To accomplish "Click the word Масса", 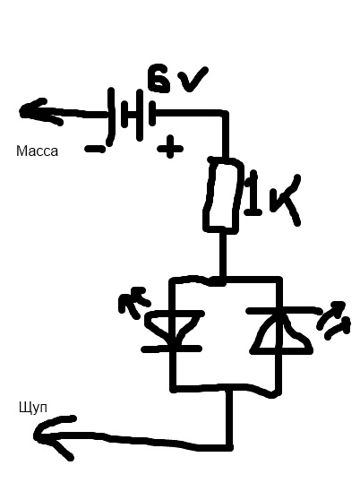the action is tap(37, 151).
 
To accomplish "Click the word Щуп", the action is tap(33, 408).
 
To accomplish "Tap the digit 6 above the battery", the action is tap(159, 78).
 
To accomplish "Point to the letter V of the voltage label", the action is tap(193, 80).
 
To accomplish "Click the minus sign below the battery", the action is tap(95, 149).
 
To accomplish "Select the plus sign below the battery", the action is tap(170, 147).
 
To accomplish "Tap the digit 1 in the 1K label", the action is tap(253, 194).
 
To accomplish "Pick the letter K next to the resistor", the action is tap(285, 200).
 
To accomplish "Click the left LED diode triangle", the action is tap(173, 328).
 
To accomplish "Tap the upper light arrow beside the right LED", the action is tap(331, 315).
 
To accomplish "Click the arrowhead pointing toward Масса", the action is tap(39, 111).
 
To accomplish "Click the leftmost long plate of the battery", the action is tap(110, 116).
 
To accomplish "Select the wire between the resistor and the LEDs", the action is tap(222, 256).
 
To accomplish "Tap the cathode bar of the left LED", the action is tap(172, 349).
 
